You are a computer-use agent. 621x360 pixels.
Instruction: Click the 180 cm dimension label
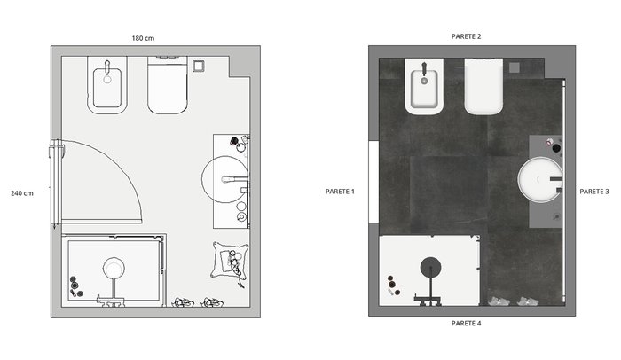(x=143, y=38)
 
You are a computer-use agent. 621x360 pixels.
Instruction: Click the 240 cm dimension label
(x=22, y=193)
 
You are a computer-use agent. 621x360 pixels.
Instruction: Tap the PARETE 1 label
(x=340, y=192)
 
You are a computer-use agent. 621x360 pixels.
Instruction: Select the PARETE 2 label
(x=466, y=36)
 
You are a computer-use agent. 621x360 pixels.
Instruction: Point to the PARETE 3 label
(x=594, y=192)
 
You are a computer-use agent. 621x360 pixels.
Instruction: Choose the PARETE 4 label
(x=466, y=323)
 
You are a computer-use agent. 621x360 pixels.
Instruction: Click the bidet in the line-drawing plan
(x=107, y=85)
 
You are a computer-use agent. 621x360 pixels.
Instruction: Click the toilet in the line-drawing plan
(x=167, y=85)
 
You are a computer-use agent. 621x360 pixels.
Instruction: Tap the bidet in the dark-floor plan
(x=424, y=86)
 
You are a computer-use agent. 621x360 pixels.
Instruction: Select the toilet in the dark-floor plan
(x=483, y=86)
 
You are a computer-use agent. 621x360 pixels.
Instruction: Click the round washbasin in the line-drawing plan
(x=225, y=179)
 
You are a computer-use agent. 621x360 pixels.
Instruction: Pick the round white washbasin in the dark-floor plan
(x=540, y=180)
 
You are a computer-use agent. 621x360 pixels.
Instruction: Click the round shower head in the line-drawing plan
(x=114, y=268)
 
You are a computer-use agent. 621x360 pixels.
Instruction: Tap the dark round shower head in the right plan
(x=430, y=268)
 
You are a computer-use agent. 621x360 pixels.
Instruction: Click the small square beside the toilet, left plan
(x=199, y=67)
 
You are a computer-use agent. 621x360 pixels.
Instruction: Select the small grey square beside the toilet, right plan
(x=514, y=67)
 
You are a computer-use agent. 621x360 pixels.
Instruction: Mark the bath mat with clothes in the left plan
(x=230, y=261)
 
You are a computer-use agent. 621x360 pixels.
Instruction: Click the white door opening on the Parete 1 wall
(x=373, y=182)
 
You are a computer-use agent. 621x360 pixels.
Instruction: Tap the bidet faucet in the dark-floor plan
(x=424, y=69)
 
